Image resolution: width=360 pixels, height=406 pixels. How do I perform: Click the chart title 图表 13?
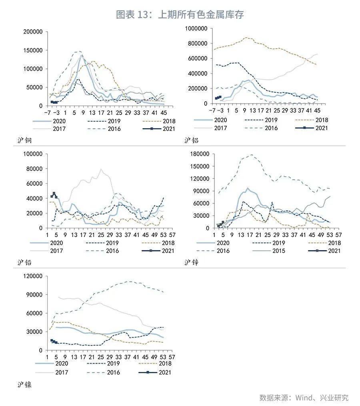180,15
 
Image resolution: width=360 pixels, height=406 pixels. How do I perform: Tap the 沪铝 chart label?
192,140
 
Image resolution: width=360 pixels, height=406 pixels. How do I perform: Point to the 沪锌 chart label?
192,262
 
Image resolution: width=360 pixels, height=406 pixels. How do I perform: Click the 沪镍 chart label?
24,385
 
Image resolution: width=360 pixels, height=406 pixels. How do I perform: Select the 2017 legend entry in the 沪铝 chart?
219,128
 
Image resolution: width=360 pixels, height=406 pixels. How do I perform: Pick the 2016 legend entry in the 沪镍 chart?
112,372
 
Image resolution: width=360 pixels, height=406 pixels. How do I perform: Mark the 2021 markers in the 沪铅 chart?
54,195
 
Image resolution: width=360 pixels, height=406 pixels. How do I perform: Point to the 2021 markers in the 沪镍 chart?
54,342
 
